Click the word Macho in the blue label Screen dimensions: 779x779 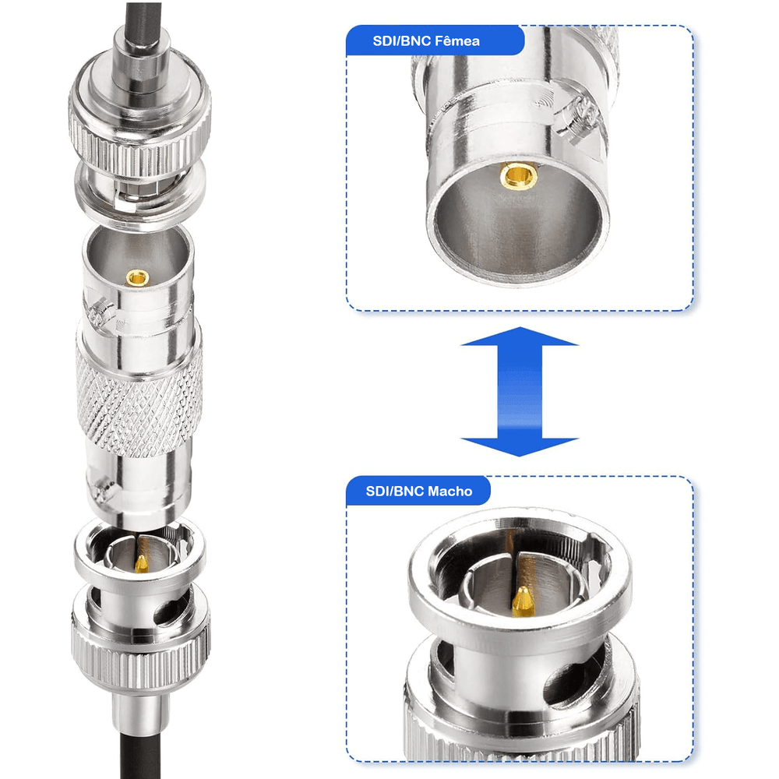tap(449, 492)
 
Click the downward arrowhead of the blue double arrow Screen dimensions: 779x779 tap(519, 447)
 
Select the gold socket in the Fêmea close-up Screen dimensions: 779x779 tap(518, 176)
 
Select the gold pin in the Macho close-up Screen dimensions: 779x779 tap(522, 601)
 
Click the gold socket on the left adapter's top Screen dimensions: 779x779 tap(137, 277)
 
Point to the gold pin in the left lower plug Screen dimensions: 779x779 tap(142, 563)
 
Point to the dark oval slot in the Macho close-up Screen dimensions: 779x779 tap(571, 683)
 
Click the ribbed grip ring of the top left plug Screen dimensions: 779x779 tap(139, 145)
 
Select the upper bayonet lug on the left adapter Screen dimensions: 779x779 tap(102, 311)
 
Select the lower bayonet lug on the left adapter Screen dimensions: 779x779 tap(103, 489)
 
